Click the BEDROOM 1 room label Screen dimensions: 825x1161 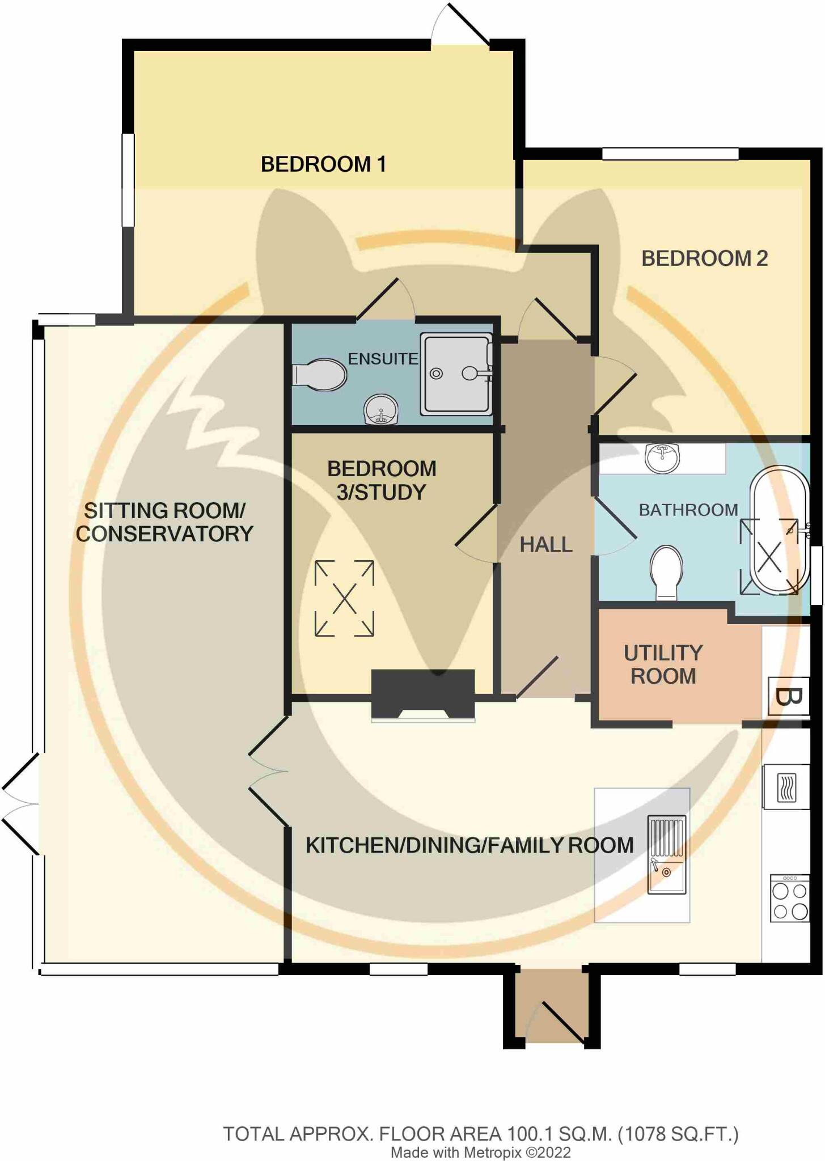pos(323,164)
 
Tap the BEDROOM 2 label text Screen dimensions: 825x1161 pos(704,259)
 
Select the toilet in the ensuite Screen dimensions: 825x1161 pos(320,375)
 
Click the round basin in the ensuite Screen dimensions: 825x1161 pos(381,408)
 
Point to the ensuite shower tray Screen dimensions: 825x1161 pos(456,374)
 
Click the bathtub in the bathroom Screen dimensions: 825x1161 pos(780,530)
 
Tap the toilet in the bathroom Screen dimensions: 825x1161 pos(666,570)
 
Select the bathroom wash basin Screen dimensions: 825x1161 pos(662,457)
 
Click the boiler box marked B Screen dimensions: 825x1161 pos(788,696)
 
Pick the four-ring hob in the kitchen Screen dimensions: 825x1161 pos(790,899)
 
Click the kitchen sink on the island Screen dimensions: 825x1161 pos(667,855)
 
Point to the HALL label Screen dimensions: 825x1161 pos(546,545)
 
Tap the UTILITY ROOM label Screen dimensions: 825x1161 pos(663,664)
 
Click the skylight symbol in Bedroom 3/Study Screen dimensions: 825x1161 pos(344,598)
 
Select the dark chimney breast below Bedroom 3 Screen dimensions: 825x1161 pos(423,693)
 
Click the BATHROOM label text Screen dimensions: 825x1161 pos(688,510)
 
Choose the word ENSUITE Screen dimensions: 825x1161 pos(383,359)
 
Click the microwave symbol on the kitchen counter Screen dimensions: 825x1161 pos(786,787)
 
